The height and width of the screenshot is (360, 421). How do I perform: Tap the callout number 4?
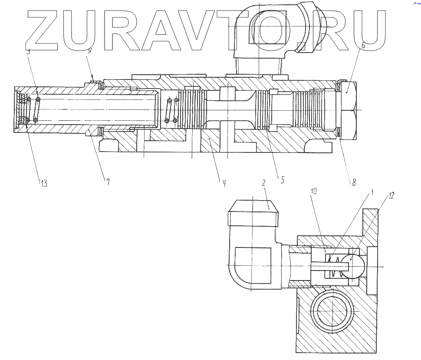click(x=224, y=183)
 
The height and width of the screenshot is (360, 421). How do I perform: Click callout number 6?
click(x=363, y=45)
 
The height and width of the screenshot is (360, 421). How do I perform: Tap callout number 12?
click(x=391, y=196)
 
